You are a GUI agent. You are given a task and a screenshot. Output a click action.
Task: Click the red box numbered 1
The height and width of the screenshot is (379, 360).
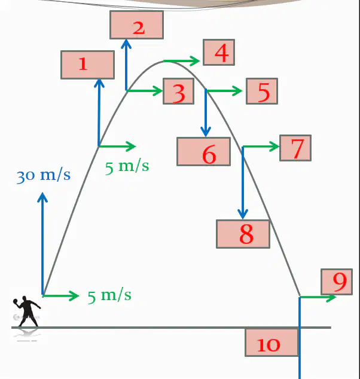click(87, 65)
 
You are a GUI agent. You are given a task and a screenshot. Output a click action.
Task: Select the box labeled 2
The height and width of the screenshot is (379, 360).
click(136, 25)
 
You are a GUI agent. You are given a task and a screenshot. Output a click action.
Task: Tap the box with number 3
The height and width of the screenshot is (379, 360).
click(179, 91)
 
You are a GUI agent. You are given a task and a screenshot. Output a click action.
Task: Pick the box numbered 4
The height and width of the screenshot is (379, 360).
click(219, 52)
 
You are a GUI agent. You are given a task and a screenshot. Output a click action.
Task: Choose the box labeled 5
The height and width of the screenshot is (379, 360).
click(262, 91)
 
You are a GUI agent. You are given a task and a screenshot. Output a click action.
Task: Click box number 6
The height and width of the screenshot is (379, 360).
click(203, 152)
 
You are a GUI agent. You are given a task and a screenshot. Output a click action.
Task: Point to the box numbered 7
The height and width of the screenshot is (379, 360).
click(295, 148)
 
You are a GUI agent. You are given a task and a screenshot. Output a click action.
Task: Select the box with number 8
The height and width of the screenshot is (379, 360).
click(243, 234)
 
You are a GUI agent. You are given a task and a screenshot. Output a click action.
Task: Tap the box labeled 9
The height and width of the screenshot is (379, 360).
click(337, 282)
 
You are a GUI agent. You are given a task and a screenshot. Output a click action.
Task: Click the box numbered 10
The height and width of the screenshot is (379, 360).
click(271, 342)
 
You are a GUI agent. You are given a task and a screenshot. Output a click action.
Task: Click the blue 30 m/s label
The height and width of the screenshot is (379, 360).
click(44, 176)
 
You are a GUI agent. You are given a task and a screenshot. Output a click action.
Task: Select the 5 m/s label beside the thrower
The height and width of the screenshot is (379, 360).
click(109, 295)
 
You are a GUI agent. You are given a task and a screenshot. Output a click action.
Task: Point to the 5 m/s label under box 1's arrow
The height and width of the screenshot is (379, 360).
click(127, 167)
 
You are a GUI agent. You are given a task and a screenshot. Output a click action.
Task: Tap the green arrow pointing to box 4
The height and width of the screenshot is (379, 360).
click(182, 61)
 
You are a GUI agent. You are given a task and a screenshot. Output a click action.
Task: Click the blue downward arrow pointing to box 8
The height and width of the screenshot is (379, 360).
click(243, 183)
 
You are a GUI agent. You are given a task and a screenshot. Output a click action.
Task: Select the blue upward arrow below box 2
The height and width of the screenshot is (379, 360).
click(126, 65)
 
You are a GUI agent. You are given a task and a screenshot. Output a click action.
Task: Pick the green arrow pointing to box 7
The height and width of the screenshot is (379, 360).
click(261, 146)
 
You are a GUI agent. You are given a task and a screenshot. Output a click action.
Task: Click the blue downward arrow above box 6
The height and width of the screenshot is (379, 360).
click(206, 112)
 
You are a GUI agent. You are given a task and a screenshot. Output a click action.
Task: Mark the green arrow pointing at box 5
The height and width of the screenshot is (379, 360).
click(224, 91)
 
